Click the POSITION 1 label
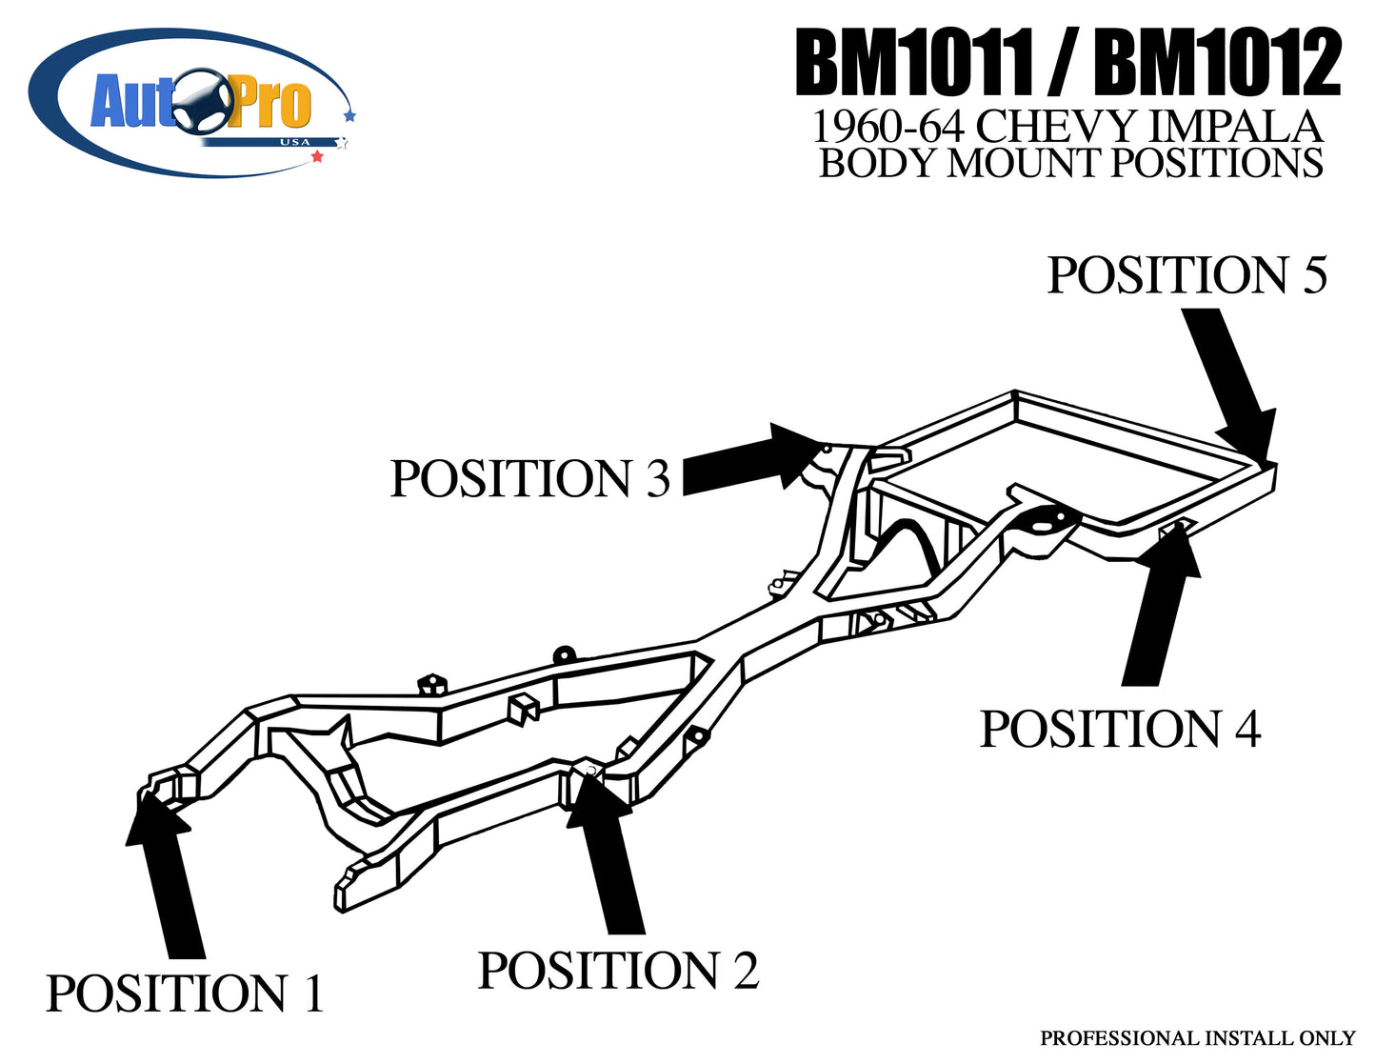pos(185,994)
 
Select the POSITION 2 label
pos(618,971)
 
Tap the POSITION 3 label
pos(530,478)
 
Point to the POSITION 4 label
pos(1120,730)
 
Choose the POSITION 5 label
pos(1187,275)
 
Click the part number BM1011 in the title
pos(913,64)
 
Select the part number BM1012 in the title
pos(1217,64)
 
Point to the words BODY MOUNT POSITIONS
pos(1070,164)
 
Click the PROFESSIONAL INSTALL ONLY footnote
pos(1197,1037)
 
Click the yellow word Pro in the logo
pos(269,104)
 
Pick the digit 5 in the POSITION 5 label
pos(1313,275)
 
